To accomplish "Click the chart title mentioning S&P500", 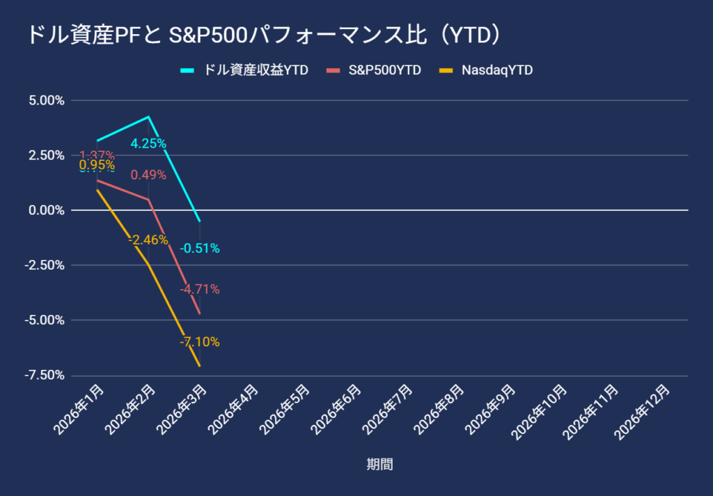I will pos(264,35).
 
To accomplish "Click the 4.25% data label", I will pos(148,144).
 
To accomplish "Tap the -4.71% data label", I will pos(200,289).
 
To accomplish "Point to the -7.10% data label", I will pos(200,342).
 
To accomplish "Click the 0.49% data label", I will pos(148,176).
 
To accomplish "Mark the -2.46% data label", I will pos(148,240).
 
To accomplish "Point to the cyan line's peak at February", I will pos(148,117).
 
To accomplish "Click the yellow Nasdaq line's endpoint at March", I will pos(200,366).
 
